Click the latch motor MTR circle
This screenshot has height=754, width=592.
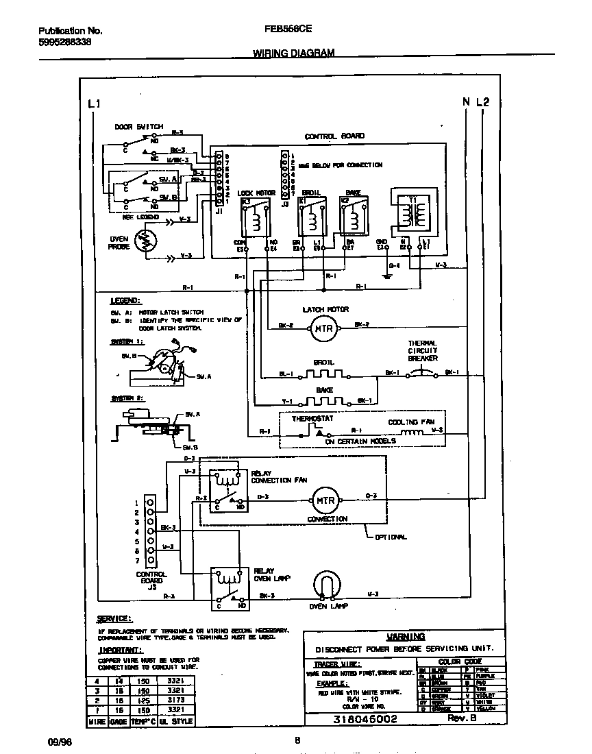click(x=322, y=329)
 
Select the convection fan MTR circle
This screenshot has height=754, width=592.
click(x=325, y=500)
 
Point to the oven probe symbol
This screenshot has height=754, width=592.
click(x=145, y=241)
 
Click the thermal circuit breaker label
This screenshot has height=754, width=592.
click(x=423, y=350)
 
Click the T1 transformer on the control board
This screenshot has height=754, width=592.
click(x=414, y=213)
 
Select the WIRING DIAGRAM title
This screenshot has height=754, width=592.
click(x=294, y=53)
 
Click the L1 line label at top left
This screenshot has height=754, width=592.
click(x=95, y=104)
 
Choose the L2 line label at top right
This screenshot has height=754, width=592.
click(x=483, y=102)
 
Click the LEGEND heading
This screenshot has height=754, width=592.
click(x=125, y=300)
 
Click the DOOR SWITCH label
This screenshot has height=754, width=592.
click(x=138, y=127)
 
